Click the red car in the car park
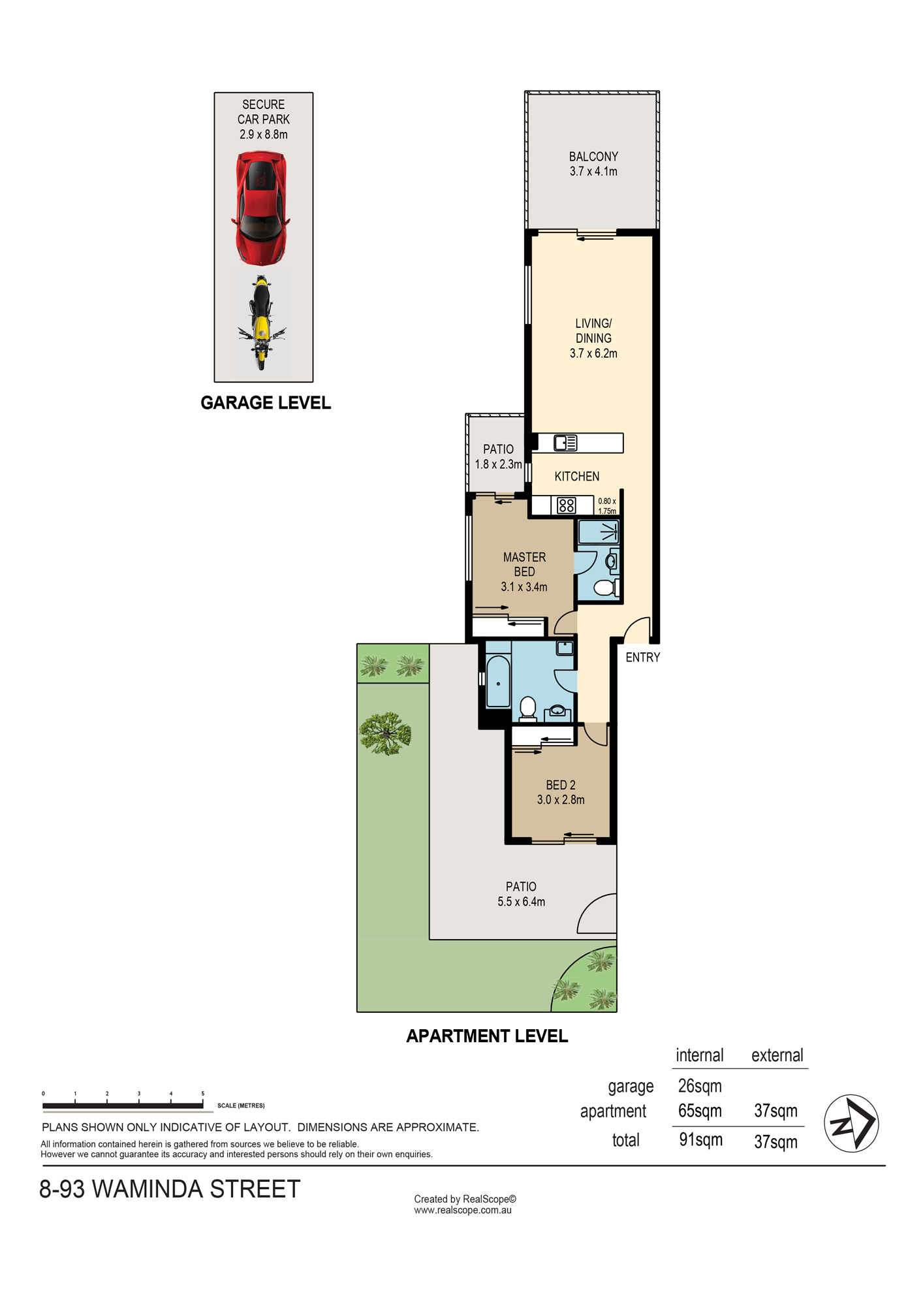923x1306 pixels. pyautogui.click(x=260, y=208)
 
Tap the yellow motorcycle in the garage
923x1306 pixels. pyautogui.click(x=261, y=323)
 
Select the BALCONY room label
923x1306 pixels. pyautogui.click(x=593, y=157)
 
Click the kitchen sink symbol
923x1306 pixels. pyautogui.click(x=565, y=443)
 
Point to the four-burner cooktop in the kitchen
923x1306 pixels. pyautogui.click(x=567, y=505)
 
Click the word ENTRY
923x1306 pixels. pyautogui.click(x=643, y=658)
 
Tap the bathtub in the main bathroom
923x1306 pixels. pyautogui.click(x=498, y=682)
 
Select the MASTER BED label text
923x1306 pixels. pyautogui.click(x=524, y=564)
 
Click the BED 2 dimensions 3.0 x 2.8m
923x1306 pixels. pyautogui.click(x=561, y=800)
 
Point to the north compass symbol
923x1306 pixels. pyautogui.click(x=851, y=1123)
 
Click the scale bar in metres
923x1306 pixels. pyautogui.click(x=123, y=1105)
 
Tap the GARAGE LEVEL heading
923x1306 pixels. pyautogui.click(x=266, y=403)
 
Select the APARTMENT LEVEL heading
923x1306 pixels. pyautogui.click(x=487, y=1036)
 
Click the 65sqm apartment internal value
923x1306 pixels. pyautogui.click(x=700, y=1111)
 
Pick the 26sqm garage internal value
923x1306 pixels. pyautogui.click(x=700, y=1086)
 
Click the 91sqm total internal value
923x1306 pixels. pyautogui.click(x=700, y=1140)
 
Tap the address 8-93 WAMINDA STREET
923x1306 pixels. pyautogui.click(x=170, y=1190)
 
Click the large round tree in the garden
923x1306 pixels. pyautogui.click(x=386, y=733)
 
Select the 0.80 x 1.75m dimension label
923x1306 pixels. pyautogui.click(x=607, y=506)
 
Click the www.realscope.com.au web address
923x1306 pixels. pyautogui.click(x=463, y=1210)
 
